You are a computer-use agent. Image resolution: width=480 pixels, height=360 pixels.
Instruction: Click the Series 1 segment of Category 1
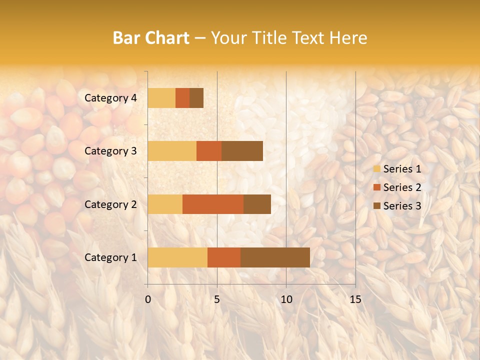[177, 257]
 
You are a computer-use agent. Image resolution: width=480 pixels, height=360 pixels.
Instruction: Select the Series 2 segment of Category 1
[224, 257]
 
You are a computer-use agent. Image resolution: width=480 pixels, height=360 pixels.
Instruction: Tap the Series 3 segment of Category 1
[275, 257]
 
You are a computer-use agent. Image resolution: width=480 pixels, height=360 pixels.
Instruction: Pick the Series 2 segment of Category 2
[213, 204]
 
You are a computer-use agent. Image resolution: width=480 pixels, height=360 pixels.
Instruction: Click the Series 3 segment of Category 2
[257, 204]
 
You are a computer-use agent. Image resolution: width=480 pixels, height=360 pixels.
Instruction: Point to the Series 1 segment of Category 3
[172, 151]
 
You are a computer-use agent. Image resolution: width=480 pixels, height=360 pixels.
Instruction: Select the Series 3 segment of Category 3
[242, 151]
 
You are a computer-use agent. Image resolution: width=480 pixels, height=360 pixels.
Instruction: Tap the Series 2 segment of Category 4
[182, 98]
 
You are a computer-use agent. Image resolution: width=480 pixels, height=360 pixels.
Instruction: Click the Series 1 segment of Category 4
[161, 98]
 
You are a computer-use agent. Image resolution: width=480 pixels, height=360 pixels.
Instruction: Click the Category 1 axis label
[110, 257]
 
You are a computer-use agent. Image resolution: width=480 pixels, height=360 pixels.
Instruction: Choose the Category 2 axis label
[110, 204]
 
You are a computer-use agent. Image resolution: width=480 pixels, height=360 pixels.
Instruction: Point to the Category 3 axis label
[110, 151]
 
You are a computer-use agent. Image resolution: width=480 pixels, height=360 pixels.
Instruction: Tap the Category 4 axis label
[110, 98]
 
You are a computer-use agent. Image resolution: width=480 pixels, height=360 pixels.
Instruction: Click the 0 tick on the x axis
[148, 299]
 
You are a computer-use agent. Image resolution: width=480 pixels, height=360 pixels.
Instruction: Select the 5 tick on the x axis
[217, 299]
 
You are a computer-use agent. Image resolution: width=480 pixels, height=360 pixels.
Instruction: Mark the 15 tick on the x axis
[355, 299]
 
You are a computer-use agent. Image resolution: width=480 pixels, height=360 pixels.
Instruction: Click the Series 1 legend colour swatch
[376, 169]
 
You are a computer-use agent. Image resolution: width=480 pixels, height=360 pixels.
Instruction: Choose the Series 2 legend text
[402, 187]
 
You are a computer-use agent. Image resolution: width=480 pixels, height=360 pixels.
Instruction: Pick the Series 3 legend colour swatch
[376, 206]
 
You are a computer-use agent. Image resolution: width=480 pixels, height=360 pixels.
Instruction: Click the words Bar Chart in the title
[151, 38]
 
